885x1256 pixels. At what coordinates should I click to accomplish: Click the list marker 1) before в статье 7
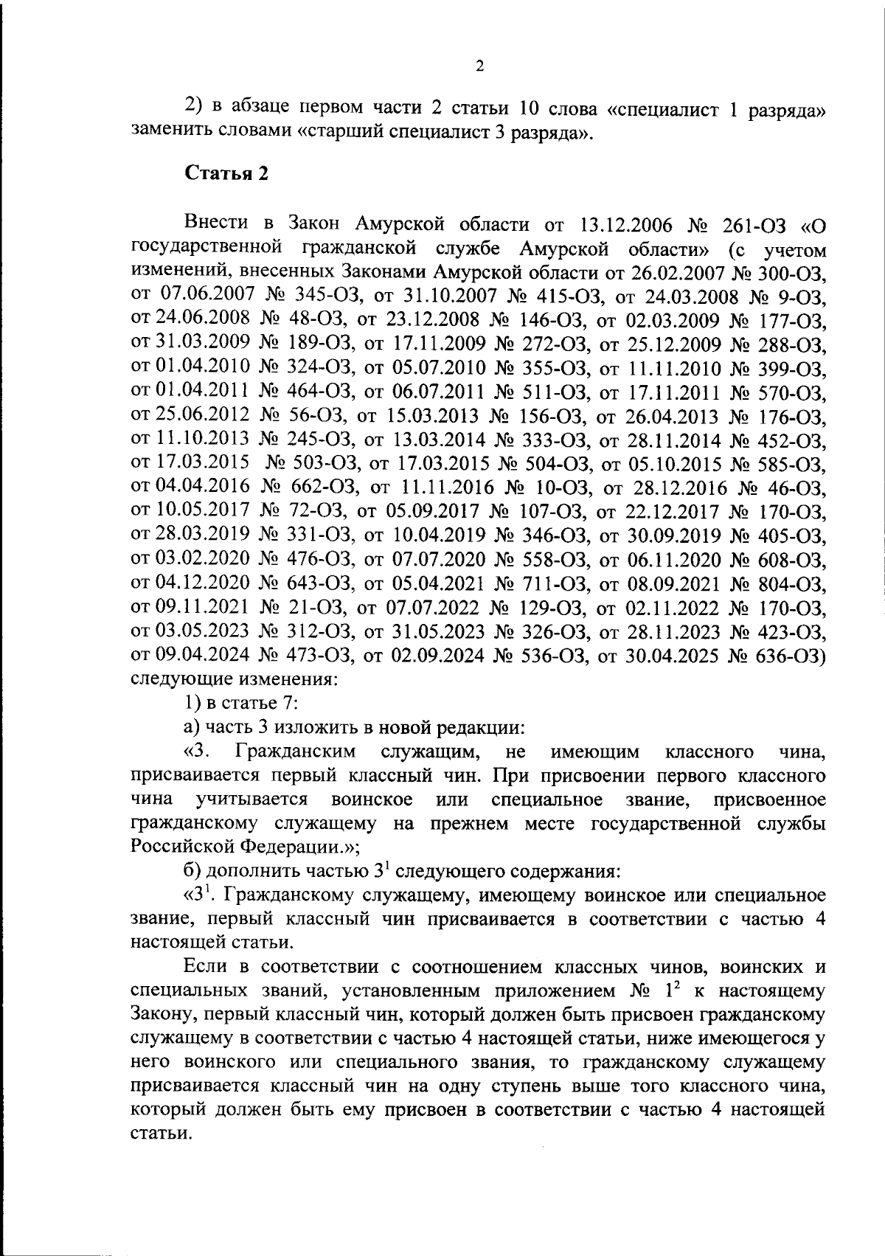pyautogui.click(x=193, y=703)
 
